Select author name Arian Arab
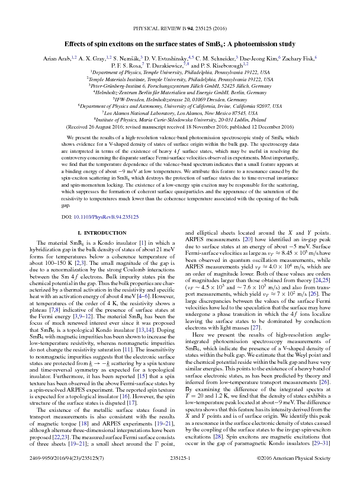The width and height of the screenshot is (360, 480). tap(53, 57)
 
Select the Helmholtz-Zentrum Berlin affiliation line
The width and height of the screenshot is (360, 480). tap(179, 92)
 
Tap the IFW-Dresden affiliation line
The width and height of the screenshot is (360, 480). tap(179, 99)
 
